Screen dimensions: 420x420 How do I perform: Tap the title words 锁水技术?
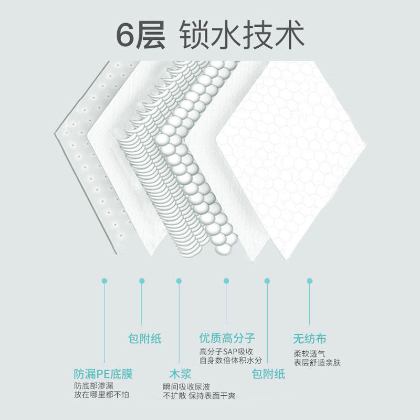pos(241,36)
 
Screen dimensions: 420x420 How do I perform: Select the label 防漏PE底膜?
pos(103,374)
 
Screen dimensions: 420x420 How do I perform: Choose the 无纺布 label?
pos(309,339)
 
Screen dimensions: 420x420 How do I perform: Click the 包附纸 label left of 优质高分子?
pos(145,339)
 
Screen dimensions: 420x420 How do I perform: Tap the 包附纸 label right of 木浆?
pos(268,374)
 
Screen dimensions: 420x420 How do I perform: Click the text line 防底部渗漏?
pos(92,386)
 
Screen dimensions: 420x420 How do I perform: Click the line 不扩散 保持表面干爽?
pos(199,395)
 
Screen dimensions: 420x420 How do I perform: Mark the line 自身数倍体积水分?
pos(230,360)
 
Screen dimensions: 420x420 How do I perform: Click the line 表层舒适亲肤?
pos(317,362)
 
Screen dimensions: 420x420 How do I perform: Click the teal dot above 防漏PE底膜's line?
pos(104,281)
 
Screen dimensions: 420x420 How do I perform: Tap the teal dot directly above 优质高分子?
pos(226,281)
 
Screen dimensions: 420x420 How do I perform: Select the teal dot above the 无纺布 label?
pos(310,281)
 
